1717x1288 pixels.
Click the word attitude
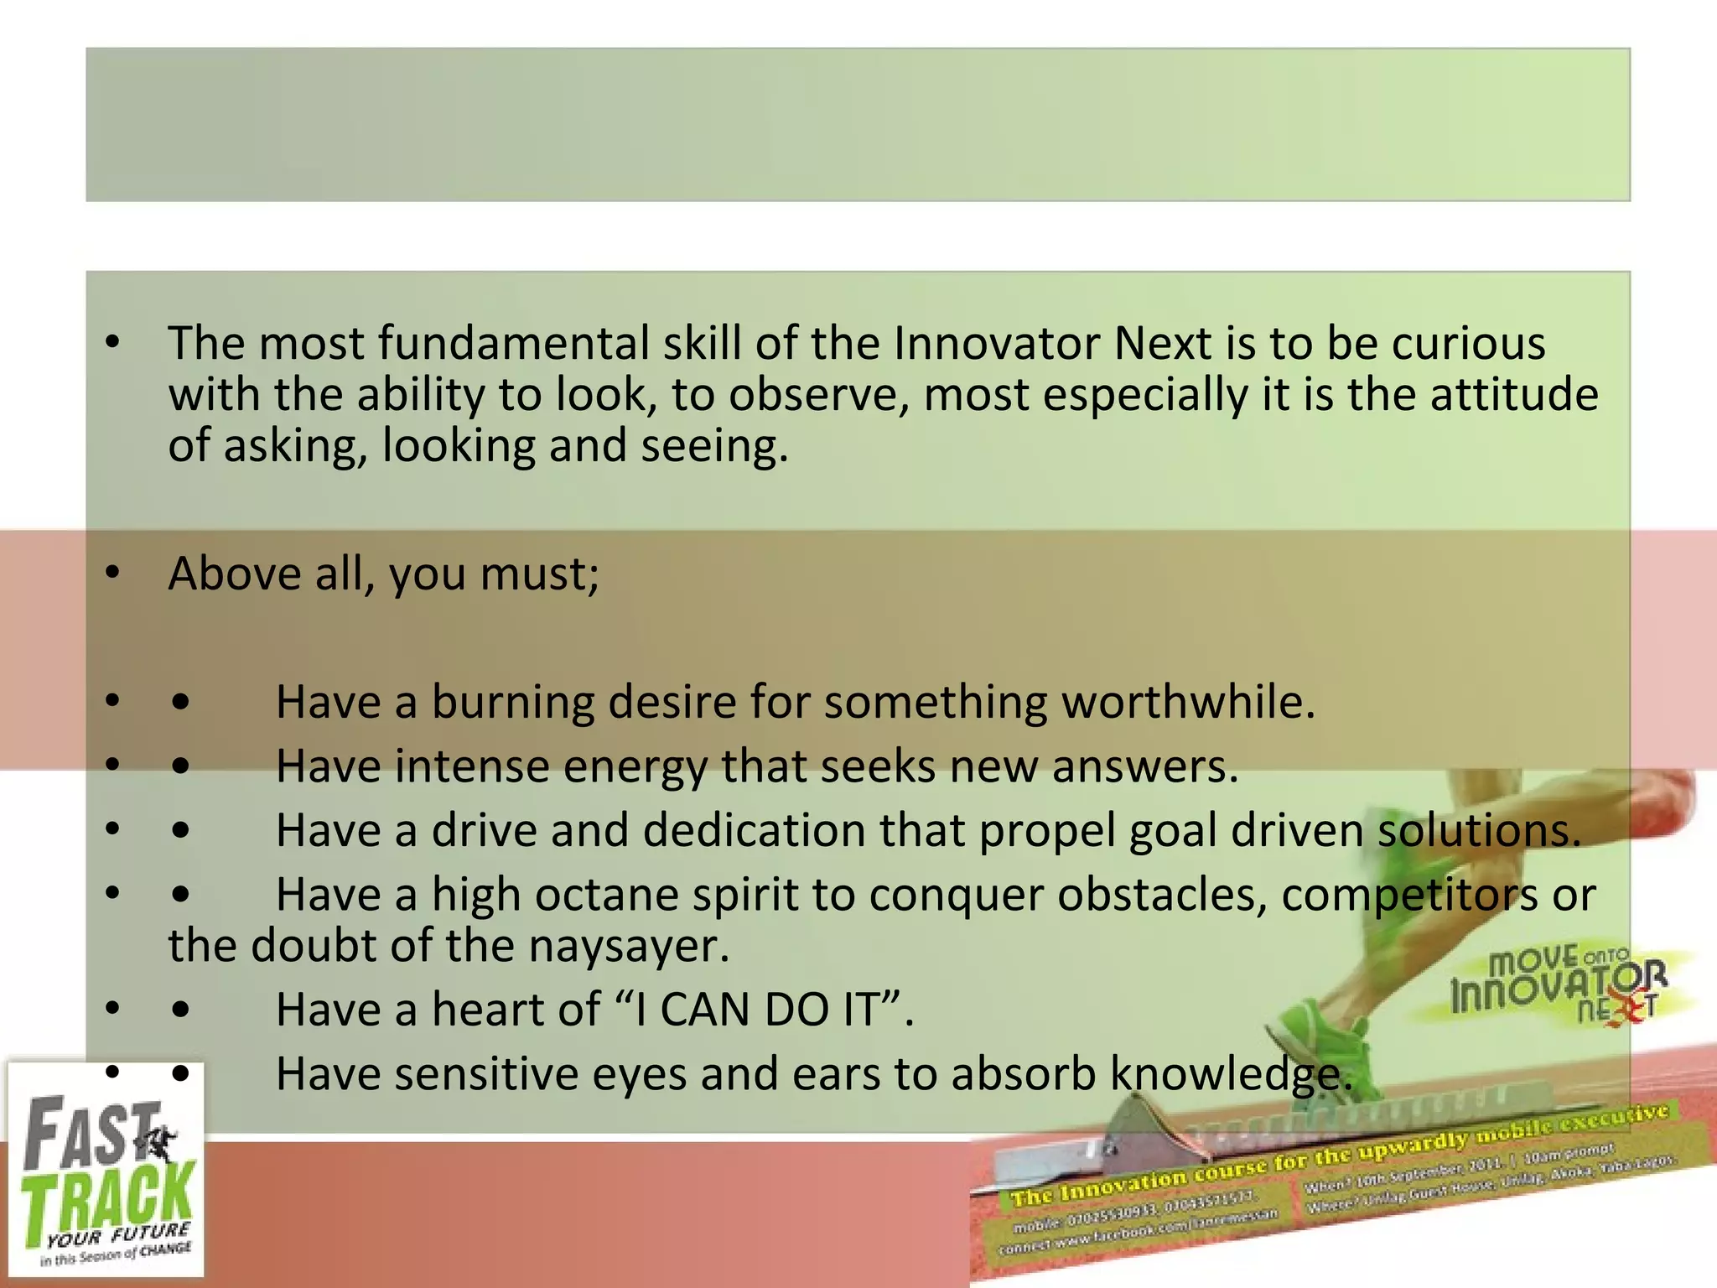pos(1514,395)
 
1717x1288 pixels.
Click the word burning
pos(512,703)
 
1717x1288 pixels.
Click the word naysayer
pos(629,947)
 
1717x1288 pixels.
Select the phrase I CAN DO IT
pos(757,1010)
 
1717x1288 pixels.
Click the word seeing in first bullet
pos(713,446)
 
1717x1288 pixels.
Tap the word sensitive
pos(486,1074)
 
